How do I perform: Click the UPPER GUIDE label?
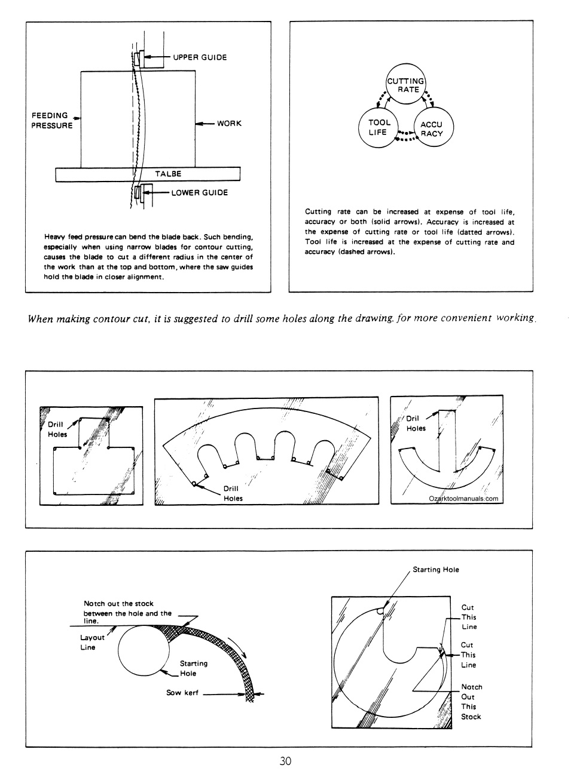pyautogui.click(x=200, y=57)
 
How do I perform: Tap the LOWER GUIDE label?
pyautogui.click(x=199, y=193)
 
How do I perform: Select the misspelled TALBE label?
pyautogui.click(x=168, y=174)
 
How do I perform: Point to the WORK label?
pyautogui.click(x=229, y=124)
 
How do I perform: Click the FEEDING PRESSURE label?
pyautogui.click(x=51, y=121)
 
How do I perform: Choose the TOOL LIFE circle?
pyautogui.click(x=378, y=127)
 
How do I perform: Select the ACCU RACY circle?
pyautogui.click(x=433, y=129)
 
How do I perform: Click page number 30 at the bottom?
pyautogui.click(x=285, y=761)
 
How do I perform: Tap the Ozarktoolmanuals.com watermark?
pyautogui.click(x=463, y=499)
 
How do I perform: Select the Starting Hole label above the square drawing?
pyautogui.click(x=436, y=570)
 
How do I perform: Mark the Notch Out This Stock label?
pyautogui.click(x=471, y=702)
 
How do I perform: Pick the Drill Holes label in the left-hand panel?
pyautogui.click(x=57, y=429)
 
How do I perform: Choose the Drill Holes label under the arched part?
pyautogui.click(x=233, y=493)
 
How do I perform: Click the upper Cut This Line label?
pyautogui.click(x=469, y=617)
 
